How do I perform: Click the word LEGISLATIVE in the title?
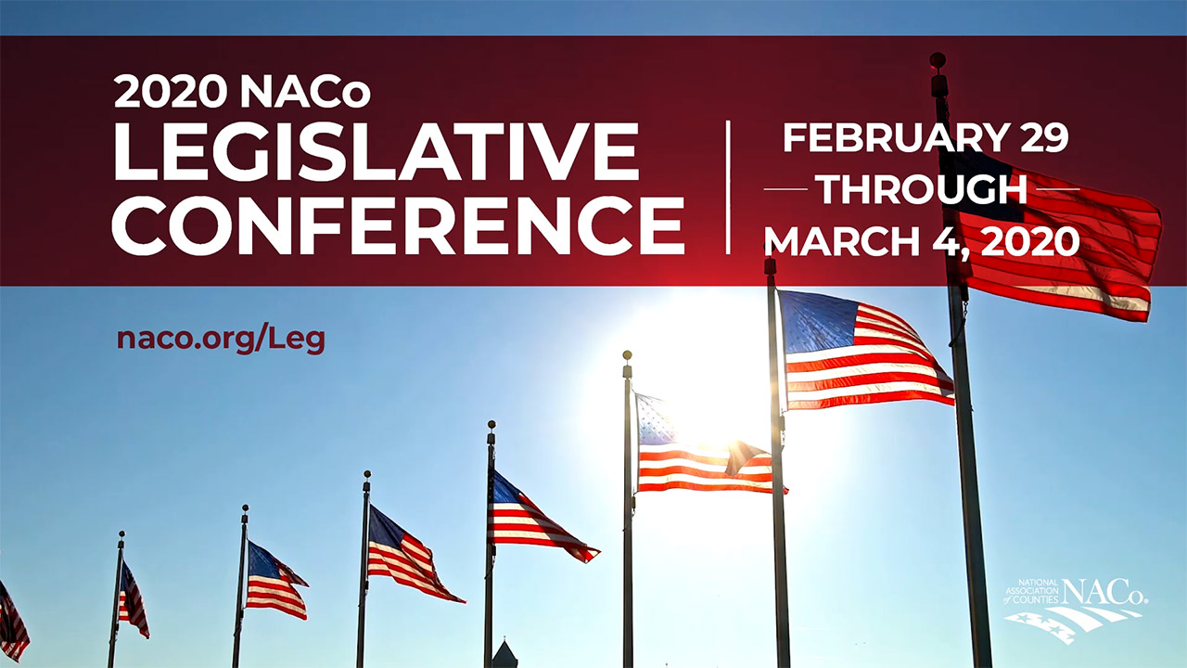[377, 151]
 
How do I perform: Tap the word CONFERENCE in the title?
[398, 225]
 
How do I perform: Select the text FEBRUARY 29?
[925, 138]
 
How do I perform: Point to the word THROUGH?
[923, 189]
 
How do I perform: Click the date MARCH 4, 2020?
[922, 242]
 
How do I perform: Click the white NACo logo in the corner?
[1075, 610]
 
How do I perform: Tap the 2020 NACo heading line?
[242, 91]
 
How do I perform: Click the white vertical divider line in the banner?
[729, 187]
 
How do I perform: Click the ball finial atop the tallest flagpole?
[938, 59]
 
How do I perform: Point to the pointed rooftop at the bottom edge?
[504, 654]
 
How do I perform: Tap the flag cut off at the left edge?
[13, 622]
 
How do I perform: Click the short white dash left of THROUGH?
[785, 188]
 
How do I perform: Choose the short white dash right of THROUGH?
[1058, 188]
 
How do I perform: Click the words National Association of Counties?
[1031, 591]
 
